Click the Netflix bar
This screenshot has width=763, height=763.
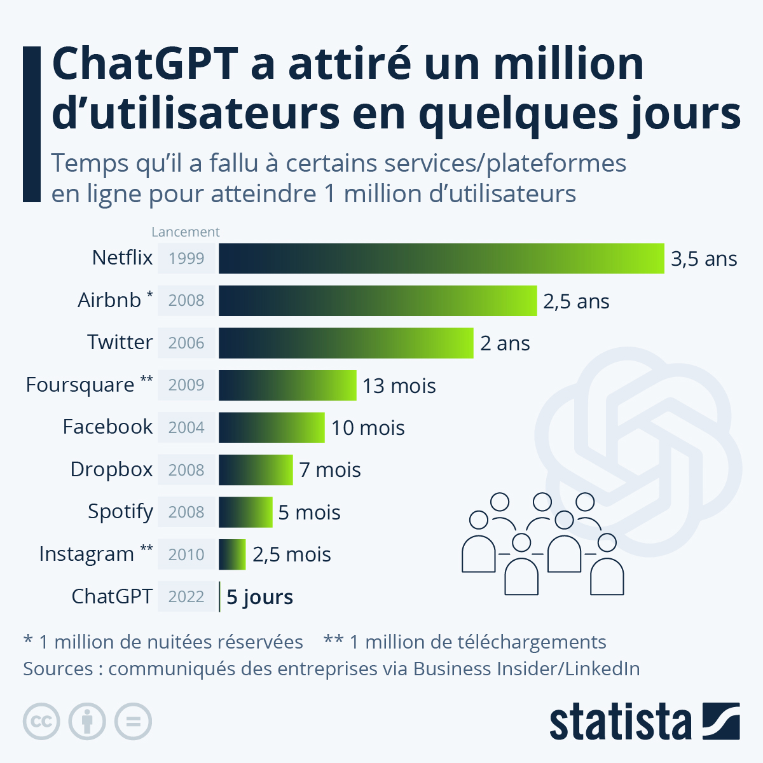click(x=441, y=258)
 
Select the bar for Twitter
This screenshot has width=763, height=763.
click(x=346, y=343)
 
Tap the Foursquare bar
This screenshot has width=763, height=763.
click(x=287, y=385)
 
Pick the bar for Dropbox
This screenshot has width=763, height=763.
click(x=256, y=470)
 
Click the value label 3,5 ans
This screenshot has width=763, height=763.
click(x=704, y=259)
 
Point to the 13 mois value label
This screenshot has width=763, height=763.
click(x=399, y=386)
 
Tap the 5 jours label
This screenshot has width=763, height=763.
click(x=259, y=597)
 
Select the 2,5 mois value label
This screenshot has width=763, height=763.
click(x=292, y=554)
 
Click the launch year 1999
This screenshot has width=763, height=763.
click(x=187, y=258)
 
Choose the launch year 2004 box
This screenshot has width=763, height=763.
click(x=187, y=427)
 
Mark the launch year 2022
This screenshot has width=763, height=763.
click(x=187, y=596)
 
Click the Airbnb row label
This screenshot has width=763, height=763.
click(x=109, y=300)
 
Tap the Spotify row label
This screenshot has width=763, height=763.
click(x=120, y=511)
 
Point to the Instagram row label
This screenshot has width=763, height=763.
click(x=86, y=554)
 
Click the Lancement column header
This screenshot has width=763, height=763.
click(x=186, y=232)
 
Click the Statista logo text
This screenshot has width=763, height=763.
click(x=620, y=722)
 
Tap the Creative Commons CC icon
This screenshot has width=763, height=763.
click(x=41, y=722)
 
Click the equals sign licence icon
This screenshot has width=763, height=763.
click(x=133, y=722)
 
